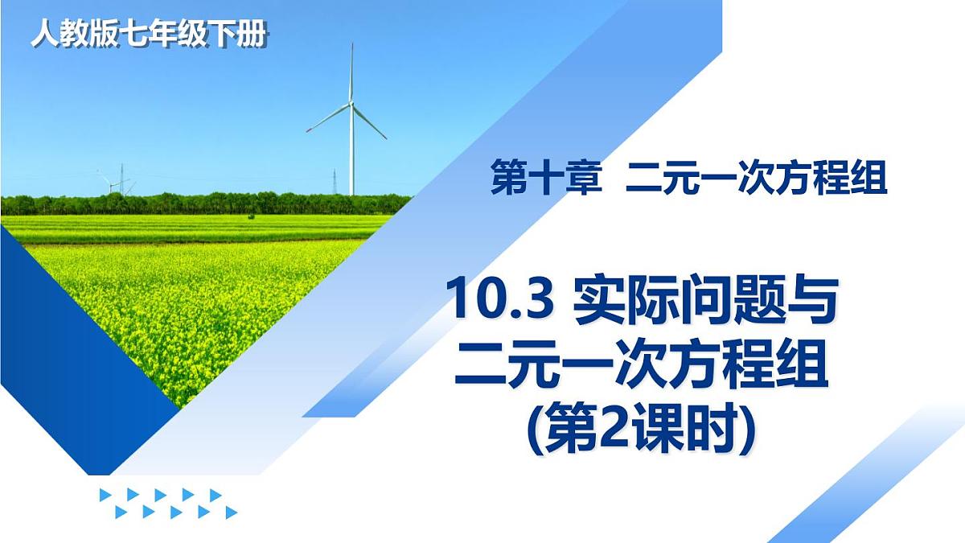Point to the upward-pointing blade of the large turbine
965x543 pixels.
tap(351, 72)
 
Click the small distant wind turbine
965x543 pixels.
tap(108, 183)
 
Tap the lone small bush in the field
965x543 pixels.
tap(251, 216)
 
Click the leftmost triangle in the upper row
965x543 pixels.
tap(105, 495)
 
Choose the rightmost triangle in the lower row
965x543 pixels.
tap(231, 512)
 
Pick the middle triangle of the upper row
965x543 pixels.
tap(160, 495)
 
